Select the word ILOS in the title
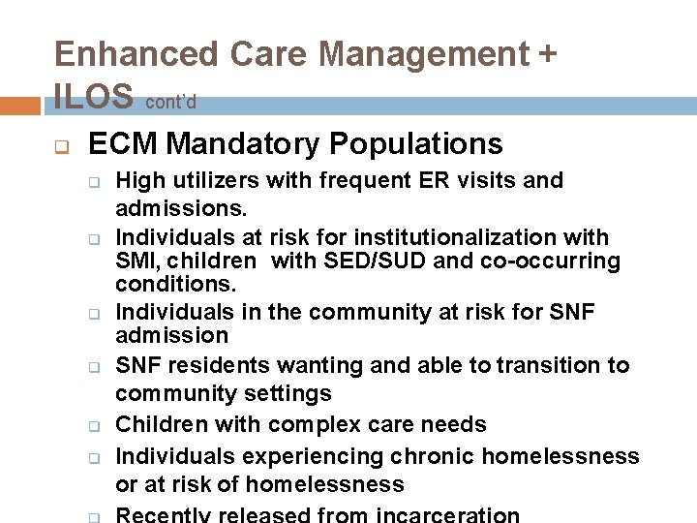point(94,96)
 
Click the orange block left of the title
point(21,106)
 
